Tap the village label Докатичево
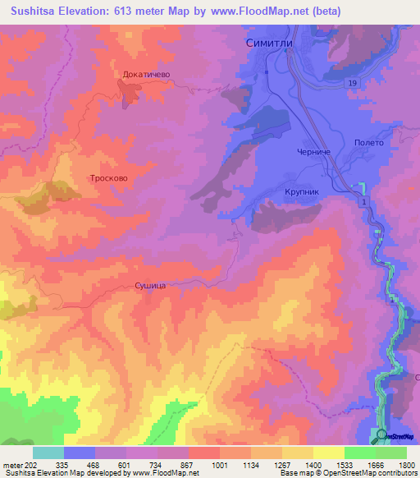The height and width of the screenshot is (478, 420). tap(146, 74)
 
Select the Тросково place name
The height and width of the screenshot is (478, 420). tap(109, 177)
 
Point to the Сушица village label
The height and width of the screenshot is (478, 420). tap(151, 286)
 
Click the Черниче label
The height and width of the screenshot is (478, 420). tap(313, 152)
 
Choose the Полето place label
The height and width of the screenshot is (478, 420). tap(369, 142)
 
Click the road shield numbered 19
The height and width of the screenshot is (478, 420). tap(351, 85)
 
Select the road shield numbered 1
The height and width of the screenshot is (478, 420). tap(363, 201)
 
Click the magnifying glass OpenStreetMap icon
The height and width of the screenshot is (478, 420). tap(379, 436)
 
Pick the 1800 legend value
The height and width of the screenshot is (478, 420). tap(406, 466)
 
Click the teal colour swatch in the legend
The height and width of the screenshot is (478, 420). tap(48, 453)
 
